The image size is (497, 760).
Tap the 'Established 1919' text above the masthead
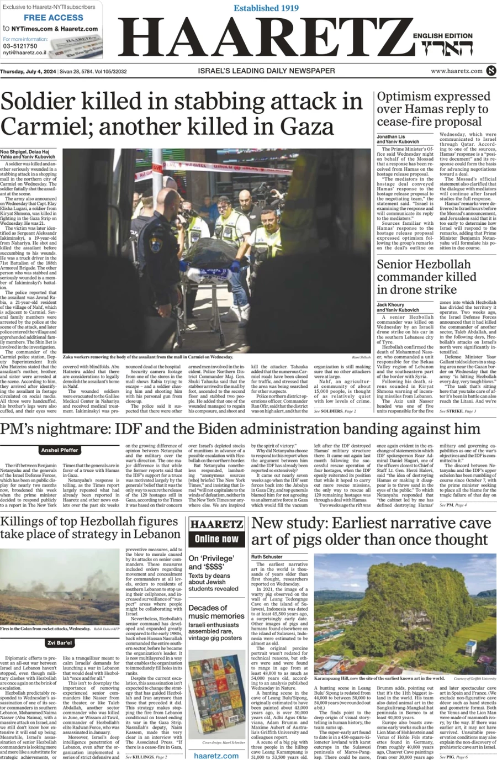(x=266, y=8)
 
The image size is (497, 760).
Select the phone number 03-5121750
(x=20, y=46)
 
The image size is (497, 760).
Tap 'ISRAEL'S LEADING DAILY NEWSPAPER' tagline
(x=266, y=71)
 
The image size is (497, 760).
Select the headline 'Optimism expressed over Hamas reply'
(x=433, y=109)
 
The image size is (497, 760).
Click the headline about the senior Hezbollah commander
(x=426, y=277)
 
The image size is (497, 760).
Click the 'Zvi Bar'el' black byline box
(x=59, y=643)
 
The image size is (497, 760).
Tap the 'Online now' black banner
(x=216, y=539)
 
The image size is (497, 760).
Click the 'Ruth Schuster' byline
(x=267, y=557)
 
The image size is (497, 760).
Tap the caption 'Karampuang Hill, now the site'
(x=379, y=678)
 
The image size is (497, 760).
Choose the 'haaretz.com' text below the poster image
(x=216, y=754)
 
